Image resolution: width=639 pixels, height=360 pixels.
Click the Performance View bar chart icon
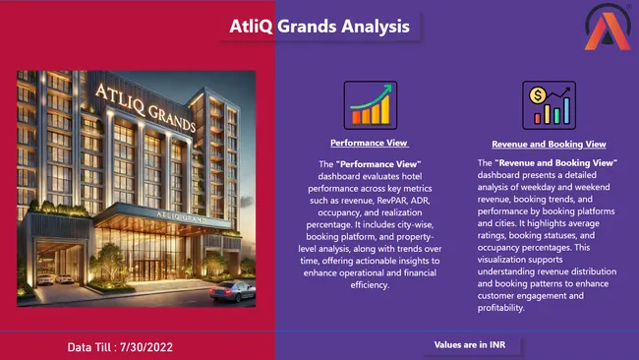370,104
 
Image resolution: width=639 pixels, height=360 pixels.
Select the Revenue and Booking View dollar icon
549,104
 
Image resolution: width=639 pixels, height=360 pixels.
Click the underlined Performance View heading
369,144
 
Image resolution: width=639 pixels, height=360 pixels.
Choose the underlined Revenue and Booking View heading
548,144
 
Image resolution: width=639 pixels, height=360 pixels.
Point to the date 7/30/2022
161,347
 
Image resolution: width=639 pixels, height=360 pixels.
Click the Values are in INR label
477,345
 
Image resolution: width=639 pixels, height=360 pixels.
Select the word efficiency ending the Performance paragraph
369,284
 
